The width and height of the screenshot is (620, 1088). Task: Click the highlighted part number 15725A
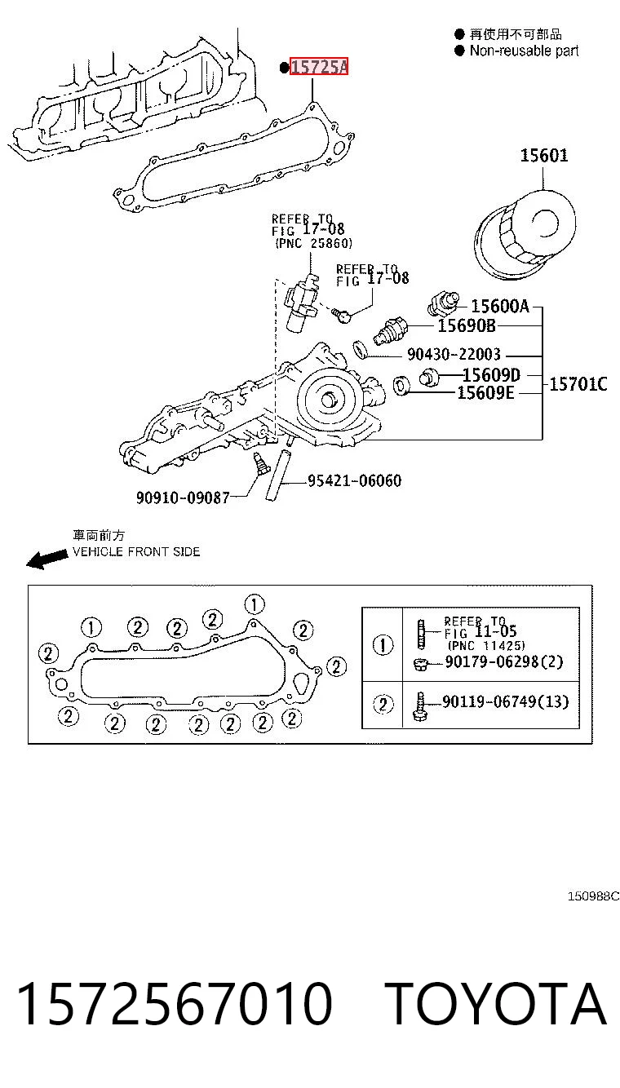[319, 67]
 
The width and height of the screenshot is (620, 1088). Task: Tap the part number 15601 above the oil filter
[543, 156]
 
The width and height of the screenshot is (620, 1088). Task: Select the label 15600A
[499, 306]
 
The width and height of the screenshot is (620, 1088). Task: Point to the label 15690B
[467, 325]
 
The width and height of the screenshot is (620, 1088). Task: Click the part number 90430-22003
[454, 354]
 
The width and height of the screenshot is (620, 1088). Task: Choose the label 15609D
[491, 374]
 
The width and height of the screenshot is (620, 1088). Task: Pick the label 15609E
[485, 392]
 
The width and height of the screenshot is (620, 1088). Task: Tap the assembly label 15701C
[578, 384]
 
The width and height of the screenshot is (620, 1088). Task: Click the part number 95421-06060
[355, 481]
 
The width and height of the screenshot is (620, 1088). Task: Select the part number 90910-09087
[183, 498]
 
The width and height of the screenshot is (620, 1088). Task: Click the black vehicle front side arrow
[47, 559]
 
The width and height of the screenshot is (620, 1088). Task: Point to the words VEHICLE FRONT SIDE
[136, 552]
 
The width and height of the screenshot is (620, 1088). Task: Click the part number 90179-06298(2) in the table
[504, 661]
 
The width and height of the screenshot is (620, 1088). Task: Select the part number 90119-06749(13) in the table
[505, 701]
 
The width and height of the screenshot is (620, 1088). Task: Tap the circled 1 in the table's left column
[383, 645]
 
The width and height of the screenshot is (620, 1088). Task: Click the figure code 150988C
[593, 896]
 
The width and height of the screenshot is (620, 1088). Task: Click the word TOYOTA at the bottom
[496, 1003]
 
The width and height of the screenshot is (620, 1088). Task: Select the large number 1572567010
[175, 1003]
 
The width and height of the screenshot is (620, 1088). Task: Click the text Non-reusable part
[524, 51]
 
